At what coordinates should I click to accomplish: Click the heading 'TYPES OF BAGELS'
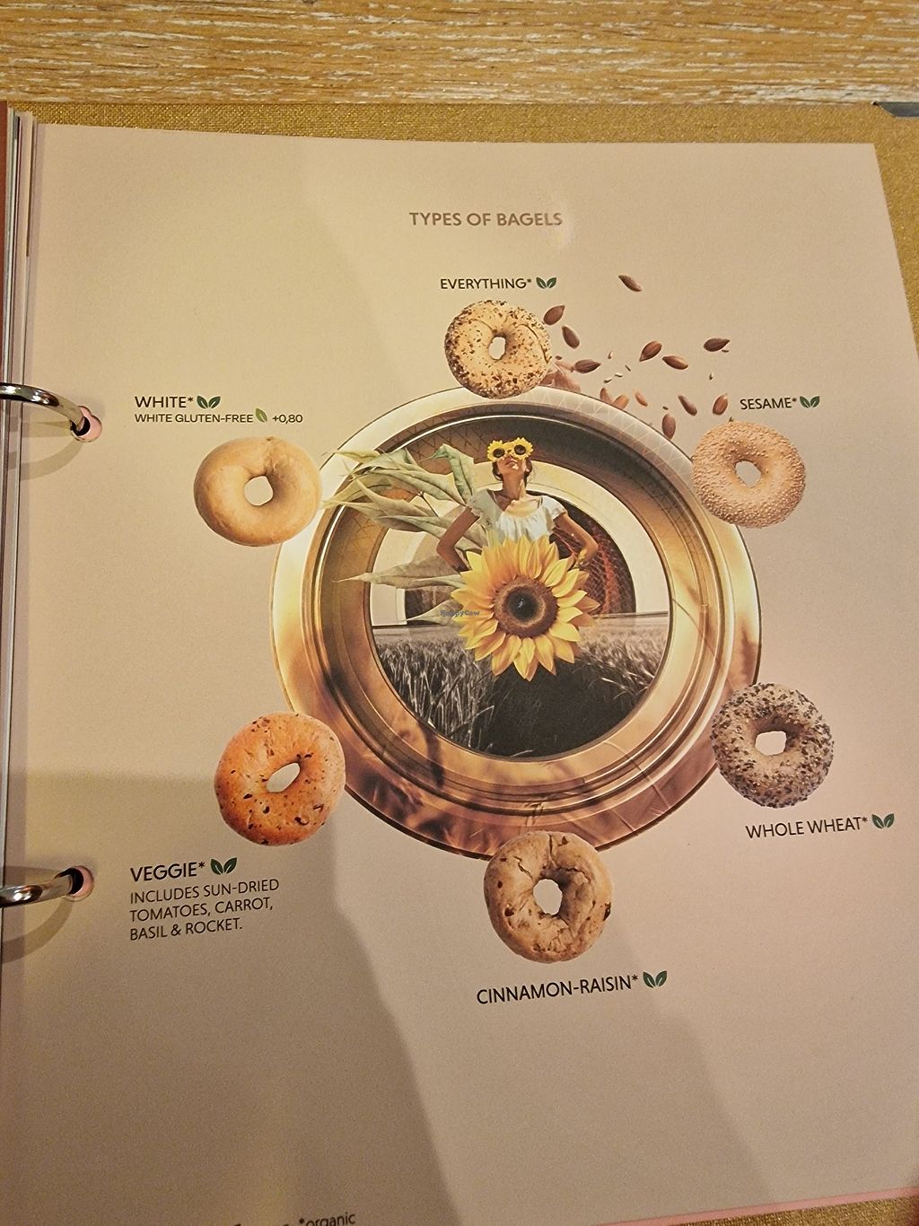click(486, 219)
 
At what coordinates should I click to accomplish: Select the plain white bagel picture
click(258, 491)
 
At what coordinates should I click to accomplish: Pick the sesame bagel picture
click(748, 475)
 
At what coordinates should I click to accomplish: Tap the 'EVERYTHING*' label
click(486, 284)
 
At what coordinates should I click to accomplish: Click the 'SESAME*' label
click(767, 403)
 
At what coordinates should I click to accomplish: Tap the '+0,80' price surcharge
click(287, 417)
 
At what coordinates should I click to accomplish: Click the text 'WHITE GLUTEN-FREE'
click(194, 417)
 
